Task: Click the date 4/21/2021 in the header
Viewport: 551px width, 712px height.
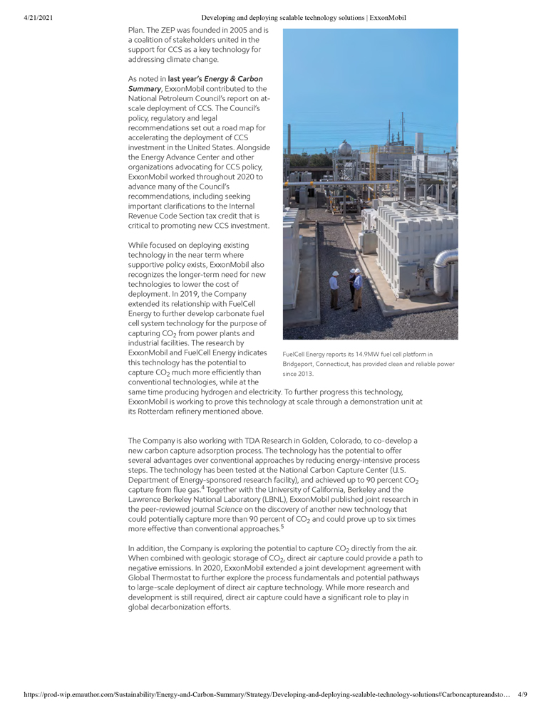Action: [x=28, y=17]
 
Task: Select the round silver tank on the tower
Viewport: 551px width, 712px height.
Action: [x=344, y=148]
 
